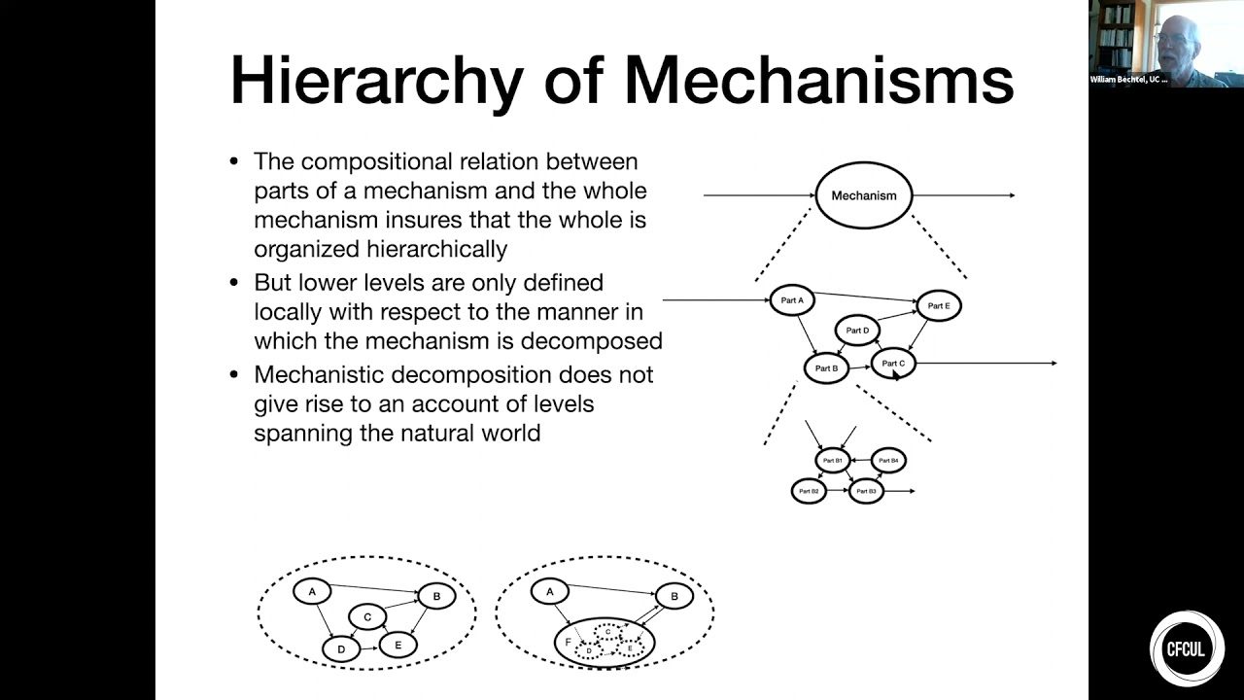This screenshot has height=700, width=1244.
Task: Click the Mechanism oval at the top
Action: coord(863,195)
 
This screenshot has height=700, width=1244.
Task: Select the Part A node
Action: coord(792,300)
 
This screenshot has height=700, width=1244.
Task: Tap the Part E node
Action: coord(939,305)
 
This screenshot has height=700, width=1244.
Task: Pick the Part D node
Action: coord(857,331)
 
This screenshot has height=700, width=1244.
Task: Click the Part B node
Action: coord(826,368)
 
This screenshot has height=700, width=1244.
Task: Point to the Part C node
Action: coord(893,364)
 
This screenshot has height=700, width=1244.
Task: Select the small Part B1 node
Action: coord(833,460)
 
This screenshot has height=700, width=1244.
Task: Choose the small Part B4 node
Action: coord(888,460)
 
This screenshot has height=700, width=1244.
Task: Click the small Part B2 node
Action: coord(809,491)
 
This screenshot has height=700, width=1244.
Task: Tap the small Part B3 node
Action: coord(866,491)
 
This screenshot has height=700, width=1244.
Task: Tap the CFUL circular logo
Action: coord(1187,647)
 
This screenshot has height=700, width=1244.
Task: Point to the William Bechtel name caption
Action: coord(1129,80)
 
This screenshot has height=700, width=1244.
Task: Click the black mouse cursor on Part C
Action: coord(896,374)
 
